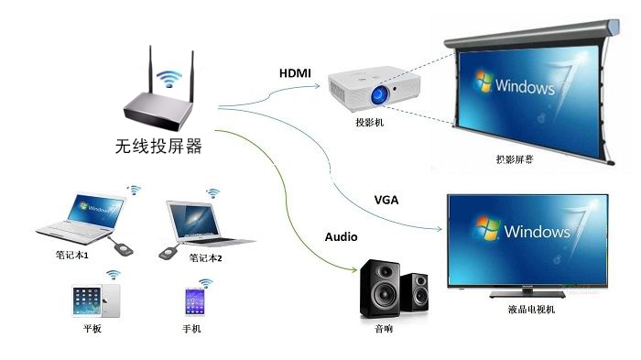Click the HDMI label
tap(296, 72)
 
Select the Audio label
tap(341, 236)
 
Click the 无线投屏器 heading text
tap(158, 147)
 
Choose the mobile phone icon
tap(193, 301)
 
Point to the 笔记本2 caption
tap(206, 258)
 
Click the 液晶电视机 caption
tap(531, 310)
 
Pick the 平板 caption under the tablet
tap(92, 328)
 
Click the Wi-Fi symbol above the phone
tap(205, 283)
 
